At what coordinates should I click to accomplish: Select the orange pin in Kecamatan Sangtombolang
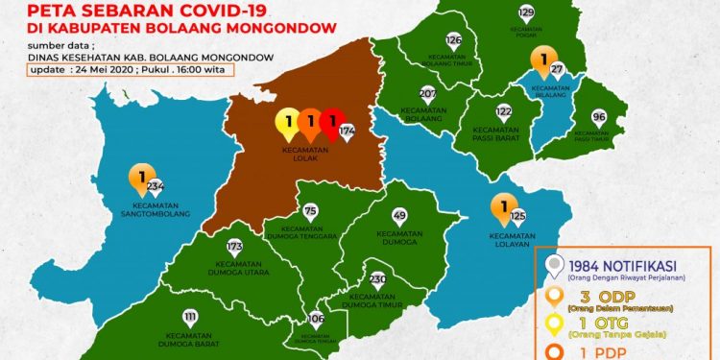141,179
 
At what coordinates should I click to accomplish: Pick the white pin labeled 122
503,112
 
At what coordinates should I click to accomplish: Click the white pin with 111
190,318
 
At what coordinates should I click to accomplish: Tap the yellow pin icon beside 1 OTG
553,325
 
